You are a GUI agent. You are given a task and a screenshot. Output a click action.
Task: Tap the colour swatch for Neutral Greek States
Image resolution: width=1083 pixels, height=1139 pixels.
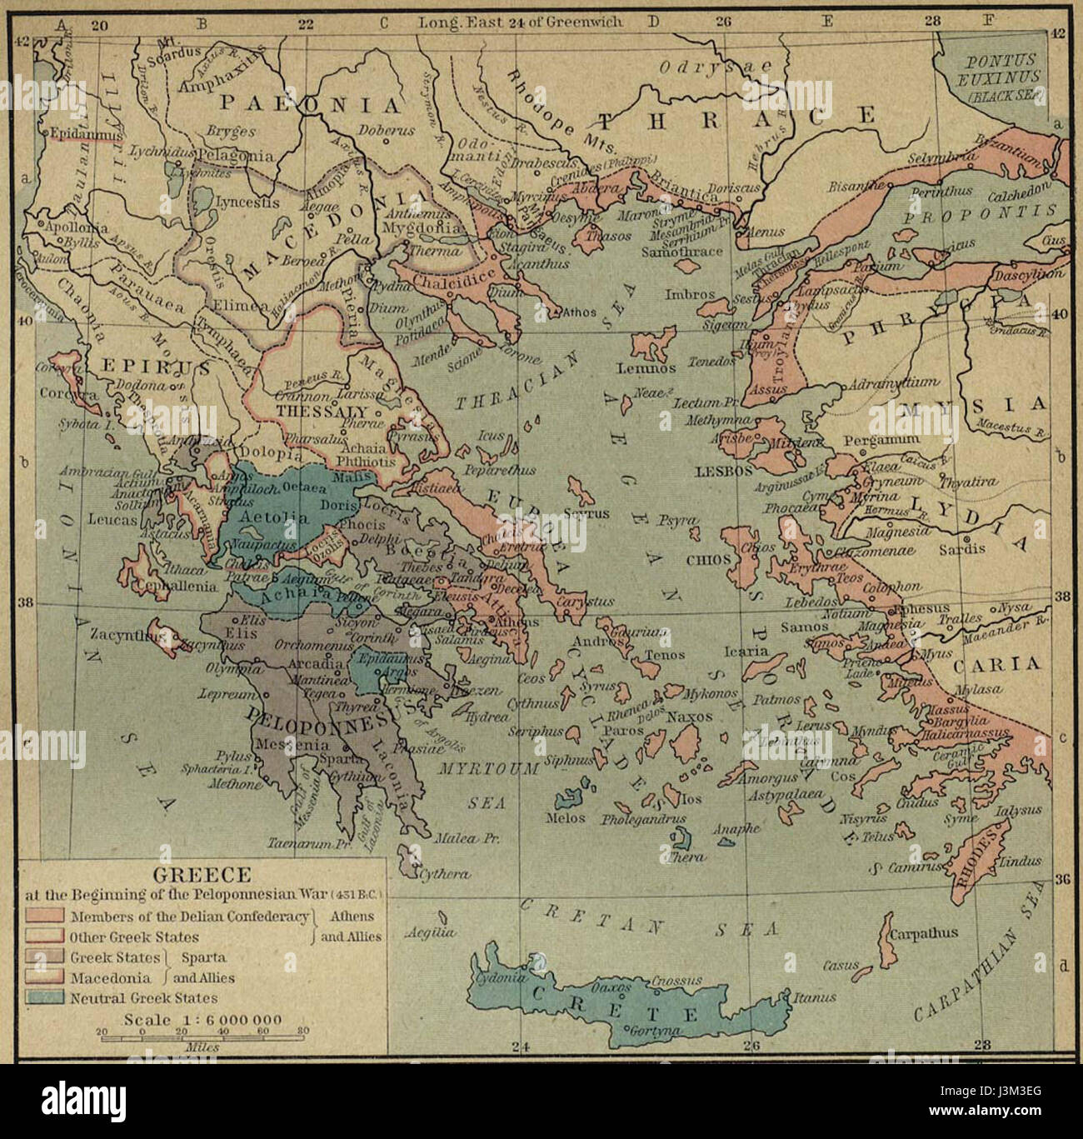click(x=45, y=997)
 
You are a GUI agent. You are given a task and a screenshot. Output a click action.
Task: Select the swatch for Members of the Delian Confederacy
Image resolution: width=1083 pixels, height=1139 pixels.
click(x=45, y=917)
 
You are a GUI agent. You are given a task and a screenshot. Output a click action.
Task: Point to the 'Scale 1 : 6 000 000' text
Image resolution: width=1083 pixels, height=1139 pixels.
click(x=202, y=1020)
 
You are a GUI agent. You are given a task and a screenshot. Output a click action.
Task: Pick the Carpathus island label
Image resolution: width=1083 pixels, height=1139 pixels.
click(x=924, y=933)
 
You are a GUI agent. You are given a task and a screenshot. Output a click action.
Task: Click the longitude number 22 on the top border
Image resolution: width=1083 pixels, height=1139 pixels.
click(x=306, y=23)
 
